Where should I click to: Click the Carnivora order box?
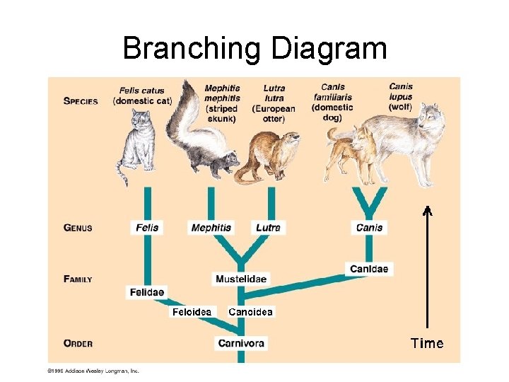click(x=241, y=343)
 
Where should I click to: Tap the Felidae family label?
click(x=146, y=292)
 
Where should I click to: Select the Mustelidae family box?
click(x=241, y=279)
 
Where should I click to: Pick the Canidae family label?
click(x=368, y=269)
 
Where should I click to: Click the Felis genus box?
click(x=146, y=228)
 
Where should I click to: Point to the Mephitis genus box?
click(x=211, y=228)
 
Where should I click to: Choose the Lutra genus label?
click(x=269, y=228)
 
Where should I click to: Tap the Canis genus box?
click(x=369, y=228)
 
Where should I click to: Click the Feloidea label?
click(x=192, y=312)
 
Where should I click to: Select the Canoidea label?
click(x=250, y=312)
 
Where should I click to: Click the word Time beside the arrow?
click(x=427, y=344)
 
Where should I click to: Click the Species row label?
click(x=81, y=100)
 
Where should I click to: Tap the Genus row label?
click(x=78, y=228)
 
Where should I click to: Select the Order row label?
click(x=78, y=344)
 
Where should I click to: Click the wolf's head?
click(x=429, y=117)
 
